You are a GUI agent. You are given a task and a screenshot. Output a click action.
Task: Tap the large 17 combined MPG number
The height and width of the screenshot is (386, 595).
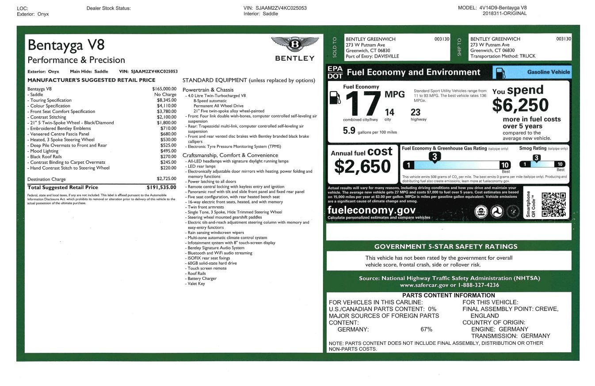[x=362, y=104]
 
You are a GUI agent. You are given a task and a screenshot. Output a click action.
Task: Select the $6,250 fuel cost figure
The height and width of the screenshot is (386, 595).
[x=520, y=105]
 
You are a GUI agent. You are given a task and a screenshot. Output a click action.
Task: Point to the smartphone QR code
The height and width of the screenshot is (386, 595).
[x=553, y=205]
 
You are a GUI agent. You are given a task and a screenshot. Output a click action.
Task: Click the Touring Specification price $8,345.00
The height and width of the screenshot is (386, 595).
[x=164, y=100]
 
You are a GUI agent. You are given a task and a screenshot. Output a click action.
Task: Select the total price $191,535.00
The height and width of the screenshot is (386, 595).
[x=161, y=187]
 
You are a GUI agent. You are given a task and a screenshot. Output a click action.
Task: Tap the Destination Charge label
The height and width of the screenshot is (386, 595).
[x=46, y=179]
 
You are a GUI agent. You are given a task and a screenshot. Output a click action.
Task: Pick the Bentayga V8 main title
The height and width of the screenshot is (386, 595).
[x=66, y=45]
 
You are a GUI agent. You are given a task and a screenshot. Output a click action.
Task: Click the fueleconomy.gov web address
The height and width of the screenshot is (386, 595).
[x=371, y=210]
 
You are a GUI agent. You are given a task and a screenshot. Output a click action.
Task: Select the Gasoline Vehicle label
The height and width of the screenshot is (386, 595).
[x=548, y=72]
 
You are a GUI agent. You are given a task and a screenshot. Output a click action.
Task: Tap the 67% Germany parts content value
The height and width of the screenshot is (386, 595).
[x=426, y=329]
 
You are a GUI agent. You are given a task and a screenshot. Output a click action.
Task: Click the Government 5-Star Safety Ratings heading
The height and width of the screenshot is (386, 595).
[x=446, y=247]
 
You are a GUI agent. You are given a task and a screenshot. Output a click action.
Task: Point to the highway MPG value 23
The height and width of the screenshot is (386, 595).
[x=416, y=112]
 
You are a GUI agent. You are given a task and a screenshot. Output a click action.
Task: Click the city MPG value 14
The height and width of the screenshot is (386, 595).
[x=389, y=112]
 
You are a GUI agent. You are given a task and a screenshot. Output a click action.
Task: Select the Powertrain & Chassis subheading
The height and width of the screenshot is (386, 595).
[x=208, y=90]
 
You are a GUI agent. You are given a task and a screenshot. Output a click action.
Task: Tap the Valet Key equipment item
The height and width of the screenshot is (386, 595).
[x=196, y=284]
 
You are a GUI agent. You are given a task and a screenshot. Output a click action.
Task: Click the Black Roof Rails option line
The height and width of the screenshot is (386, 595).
[x=46, y=157]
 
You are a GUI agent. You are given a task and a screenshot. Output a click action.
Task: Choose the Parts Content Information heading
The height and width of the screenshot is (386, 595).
[x=448, y=295]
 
